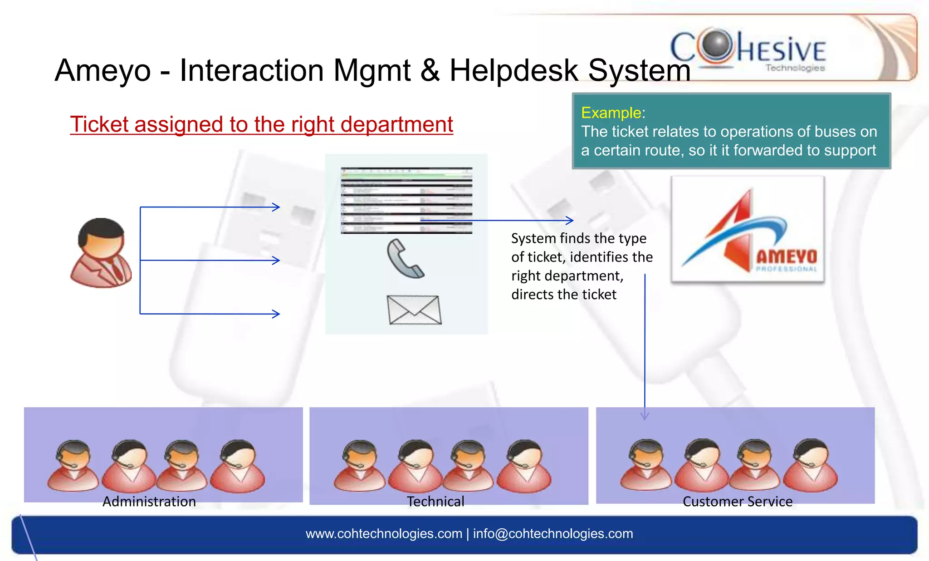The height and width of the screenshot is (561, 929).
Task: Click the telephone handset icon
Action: (405, 259)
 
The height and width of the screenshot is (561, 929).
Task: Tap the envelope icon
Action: (414, 310)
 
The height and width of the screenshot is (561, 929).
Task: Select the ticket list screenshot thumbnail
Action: (406, 200)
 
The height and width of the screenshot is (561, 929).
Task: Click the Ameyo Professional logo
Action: (748, 230)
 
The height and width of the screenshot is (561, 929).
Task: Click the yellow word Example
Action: (611, 113)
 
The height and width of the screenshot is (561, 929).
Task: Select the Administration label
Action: (149, 502)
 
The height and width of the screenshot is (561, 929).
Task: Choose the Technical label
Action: (435, 502)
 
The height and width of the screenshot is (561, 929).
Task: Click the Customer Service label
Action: (738, 502)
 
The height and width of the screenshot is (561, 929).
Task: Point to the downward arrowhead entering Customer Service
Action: (645, 416)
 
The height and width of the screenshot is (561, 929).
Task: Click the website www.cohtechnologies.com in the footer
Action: (384, 534)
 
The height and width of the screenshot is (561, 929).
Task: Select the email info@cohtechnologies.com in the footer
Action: (553, 534)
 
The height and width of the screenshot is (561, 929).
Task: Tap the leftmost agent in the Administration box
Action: (73, 466)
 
